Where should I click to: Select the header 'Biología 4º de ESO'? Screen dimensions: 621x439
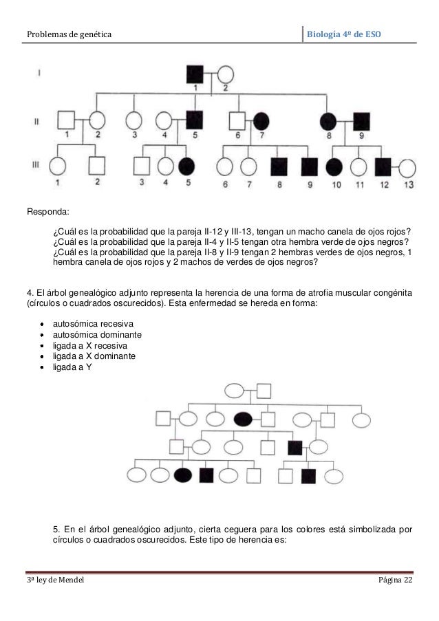click(347, 33)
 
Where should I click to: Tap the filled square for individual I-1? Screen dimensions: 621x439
click(195, 74)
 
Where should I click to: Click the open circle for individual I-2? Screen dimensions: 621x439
click(226, 74)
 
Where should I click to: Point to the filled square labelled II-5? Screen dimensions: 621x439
click(195, 120)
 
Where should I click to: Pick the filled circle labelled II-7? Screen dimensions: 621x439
click(261, 120)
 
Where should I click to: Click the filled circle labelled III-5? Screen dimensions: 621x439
click(186, 166)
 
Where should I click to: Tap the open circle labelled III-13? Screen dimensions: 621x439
click(407, 167)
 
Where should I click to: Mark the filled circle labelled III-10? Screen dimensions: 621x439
click(334, 167)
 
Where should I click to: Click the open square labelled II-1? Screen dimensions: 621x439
click(65, 120)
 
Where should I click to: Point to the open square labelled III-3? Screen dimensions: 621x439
click(141, 166)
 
